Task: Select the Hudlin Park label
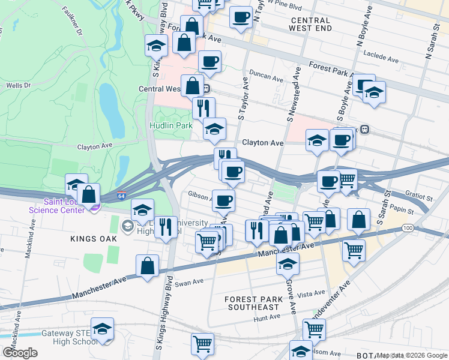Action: [x=170, y=125]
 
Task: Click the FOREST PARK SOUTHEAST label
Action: [x=252, y=303]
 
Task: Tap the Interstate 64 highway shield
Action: [x=121, y=196]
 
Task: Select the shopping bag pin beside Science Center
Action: [x=88, y=195]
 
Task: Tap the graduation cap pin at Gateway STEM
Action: [x=103, y=329]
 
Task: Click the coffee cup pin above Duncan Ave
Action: [x=210, y=61]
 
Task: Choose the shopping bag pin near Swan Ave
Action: [x=147, y=265]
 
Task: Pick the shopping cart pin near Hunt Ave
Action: [x=314, y=329]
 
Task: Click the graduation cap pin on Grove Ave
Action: [x=288, y=262]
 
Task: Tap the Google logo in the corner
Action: [x=20, y=353]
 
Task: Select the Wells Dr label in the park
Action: [x=18, y=86]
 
